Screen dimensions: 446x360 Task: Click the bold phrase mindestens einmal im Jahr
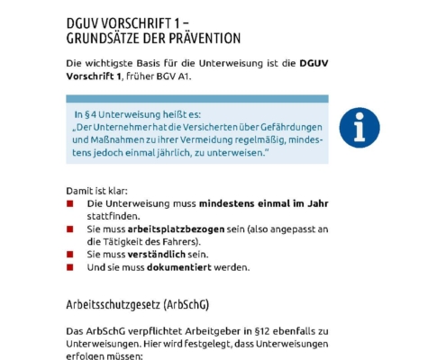coord(263,203)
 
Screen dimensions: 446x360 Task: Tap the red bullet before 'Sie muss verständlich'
coord(71,255)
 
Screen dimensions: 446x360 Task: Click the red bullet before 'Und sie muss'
coord(71,267)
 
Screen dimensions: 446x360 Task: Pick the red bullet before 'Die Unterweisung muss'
coord(71,204)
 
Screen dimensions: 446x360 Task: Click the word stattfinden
coord(114,216)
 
